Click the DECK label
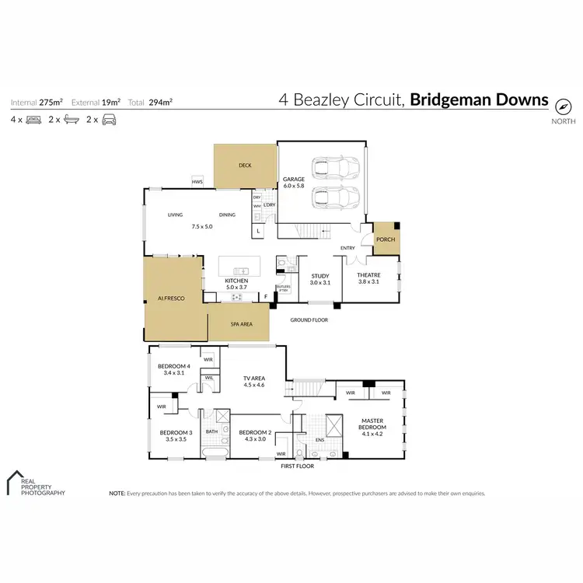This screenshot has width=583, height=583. click(245, 166)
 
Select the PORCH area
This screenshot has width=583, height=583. click(386, 239)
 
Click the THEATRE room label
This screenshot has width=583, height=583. click(368, 276)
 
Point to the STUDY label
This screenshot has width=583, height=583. click(320, 276)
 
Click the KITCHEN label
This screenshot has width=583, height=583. click(236, 281)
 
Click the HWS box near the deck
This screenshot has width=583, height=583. click(197, 183)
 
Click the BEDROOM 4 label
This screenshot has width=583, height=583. click(173, 366)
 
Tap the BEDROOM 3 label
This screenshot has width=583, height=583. click(175, 432)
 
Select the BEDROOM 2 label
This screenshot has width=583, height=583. click(254, 432)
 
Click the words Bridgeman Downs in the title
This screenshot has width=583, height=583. click(479, 100)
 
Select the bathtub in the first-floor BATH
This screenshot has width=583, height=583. click(213, 452)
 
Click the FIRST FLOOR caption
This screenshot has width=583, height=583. click(300, 466)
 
